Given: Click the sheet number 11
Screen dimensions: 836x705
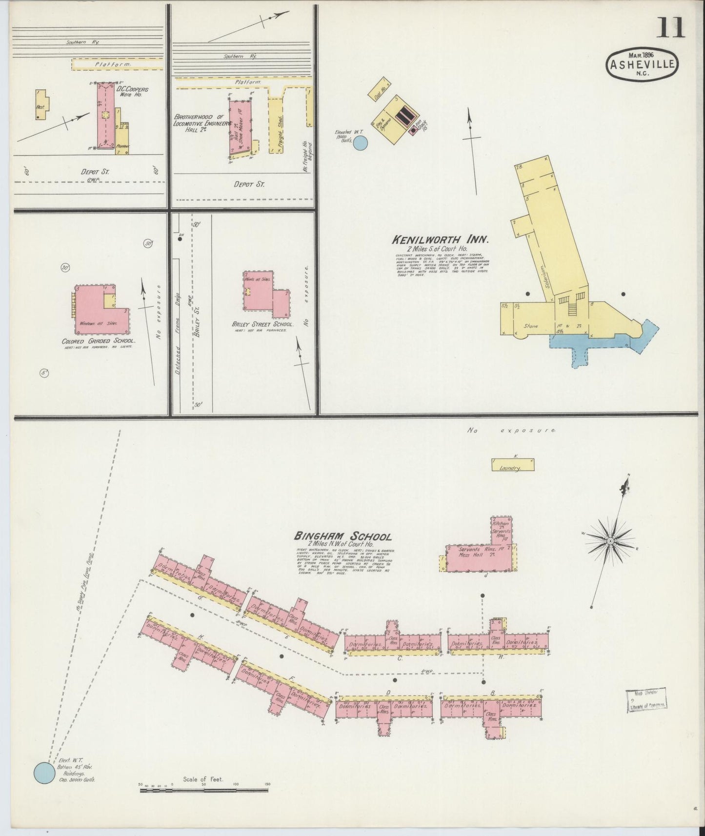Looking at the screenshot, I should (671, 28).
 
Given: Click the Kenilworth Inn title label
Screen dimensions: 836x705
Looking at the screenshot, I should (439, 240).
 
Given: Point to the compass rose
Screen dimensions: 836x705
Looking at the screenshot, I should (610, 541).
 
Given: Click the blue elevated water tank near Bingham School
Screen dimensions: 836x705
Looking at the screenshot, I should (44, 774).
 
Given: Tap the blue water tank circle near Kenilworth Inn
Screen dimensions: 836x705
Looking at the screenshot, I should (360, 142).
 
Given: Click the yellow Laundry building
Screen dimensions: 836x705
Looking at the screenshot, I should (512, 465).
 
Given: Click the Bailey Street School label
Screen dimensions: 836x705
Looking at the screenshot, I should (262, 324).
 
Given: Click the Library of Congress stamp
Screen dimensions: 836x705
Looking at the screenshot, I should (646, 700).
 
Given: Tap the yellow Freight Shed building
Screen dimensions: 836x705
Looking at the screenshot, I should (276, 124).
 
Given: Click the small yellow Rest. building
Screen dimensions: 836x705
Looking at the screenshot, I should (40, 104).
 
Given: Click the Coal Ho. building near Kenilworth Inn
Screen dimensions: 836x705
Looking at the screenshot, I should (381, 87).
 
